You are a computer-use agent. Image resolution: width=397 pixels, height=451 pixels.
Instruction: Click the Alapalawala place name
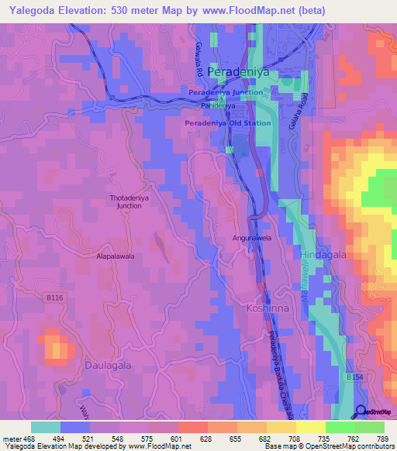point(116,255)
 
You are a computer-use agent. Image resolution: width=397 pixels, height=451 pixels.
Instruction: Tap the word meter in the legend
point(11,437)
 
